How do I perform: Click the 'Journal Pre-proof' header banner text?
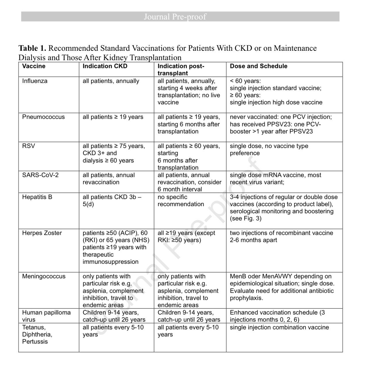click(175, 17)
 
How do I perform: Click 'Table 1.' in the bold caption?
click(32, 48)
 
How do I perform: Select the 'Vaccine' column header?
click(34, 66)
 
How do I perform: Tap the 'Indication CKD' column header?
click(105, 66)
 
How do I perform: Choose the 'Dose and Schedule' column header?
click(258, 66)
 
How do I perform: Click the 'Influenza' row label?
click(35, 81)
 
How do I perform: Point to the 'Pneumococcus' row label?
click(43, 117)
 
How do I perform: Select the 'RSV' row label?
click(28, 146)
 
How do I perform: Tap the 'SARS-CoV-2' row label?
click(40, 175)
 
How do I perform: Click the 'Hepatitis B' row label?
click(37, 197)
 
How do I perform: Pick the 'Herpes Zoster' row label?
click(42, 233)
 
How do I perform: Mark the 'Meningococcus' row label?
click(44, 276)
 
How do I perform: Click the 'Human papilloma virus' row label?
click(46, 316)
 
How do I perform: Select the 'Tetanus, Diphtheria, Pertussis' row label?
click(37, 334)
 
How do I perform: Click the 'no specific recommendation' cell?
click(181, 201)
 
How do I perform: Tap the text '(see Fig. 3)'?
click(245, 218)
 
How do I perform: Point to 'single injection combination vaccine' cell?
click(279, 327)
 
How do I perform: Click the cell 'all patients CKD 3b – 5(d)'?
click(112, 201)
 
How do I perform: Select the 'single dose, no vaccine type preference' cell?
click(269, 149)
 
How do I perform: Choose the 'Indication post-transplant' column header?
click(181, 70)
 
